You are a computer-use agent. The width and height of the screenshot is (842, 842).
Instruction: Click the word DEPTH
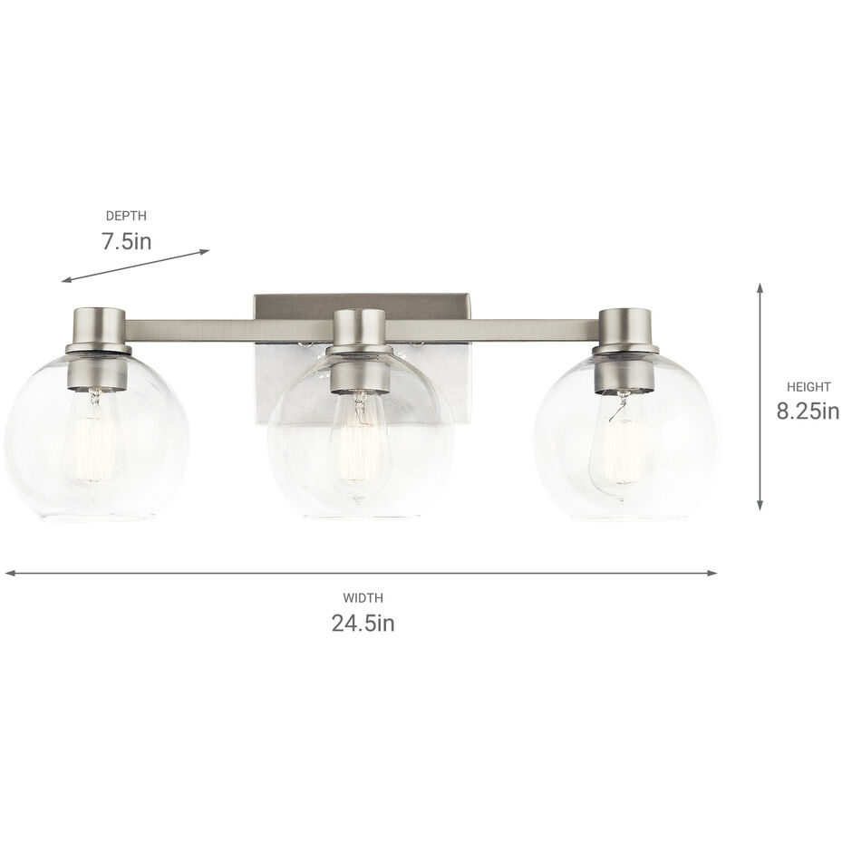pos(126,216)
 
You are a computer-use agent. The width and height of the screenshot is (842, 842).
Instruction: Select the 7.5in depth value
pos(126,242)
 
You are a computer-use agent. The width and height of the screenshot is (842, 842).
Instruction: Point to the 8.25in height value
pos(808,412)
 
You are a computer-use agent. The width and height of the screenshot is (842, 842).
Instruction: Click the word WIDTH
pos(363,597)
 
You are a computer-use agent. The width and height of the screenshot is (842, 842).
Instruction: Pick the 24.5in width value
pos(362,624)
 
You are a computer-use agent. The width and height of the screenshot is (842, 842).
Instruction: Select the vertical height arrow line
pos(760,399)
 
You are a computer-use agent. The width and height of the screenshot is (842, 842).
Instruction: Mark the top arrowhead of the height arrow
pos(760,286)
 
